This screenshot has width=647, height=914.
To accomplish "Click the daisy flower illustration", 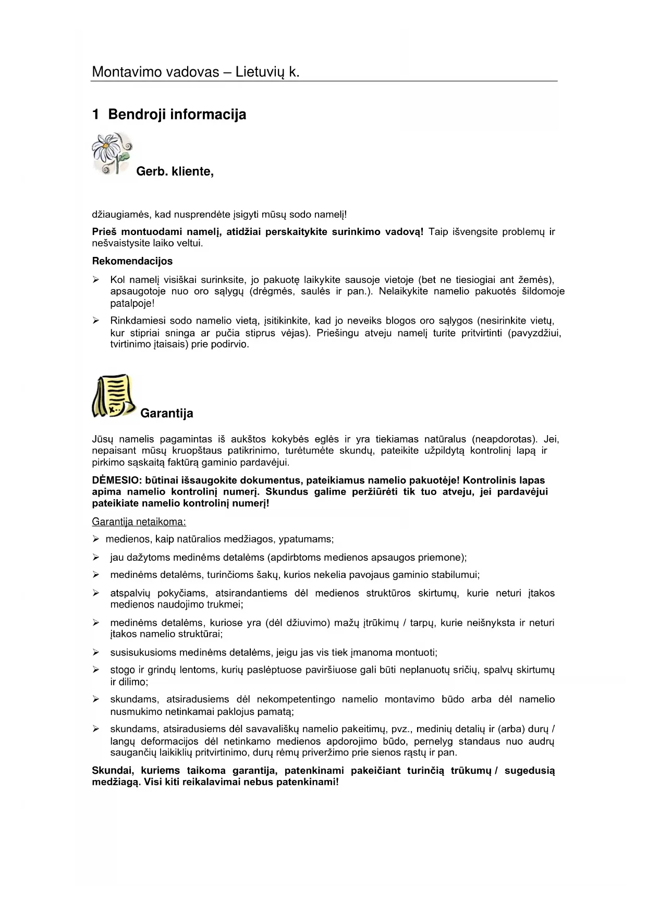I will pyautogui.click(x=112, y=153).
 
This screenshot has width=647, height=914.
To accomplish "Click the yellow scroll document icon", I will pyautogui.click(x=113, y=396).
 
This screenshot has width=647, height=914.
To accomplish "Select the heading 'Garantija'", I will pyautogui.click(x=166, y=413).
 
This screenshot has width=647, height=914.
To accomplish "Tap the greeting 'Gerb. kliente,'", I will pyautogui.click(x=175, y=171).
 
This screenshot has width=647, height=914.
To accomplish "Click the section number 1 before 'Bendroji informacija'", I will pyautogui.click(x=95, y=115).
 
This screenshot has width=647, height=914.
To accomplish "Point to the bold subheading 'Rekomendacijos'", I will pyautogui.click(x=132, y=261).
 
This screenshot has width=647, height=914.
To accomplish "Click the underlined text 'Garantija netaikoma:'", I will pyautogui.click(x=139, y=522).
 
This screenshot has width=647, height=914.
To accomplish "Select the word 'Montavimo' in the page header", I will pyautogui.click(x=122, y=72).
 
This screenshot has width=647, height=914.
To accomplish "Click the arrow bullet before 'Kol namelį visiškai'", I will pyautogui.click(x=96, y=280).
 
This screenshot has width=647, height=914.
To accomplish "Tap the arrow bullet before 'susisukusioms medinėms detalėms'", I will pyautogui.click(x=96, y=652).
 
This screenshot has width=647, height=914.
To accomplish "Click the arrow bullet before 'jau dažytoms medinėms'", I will pyautogui.click(x=96, y=558).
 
